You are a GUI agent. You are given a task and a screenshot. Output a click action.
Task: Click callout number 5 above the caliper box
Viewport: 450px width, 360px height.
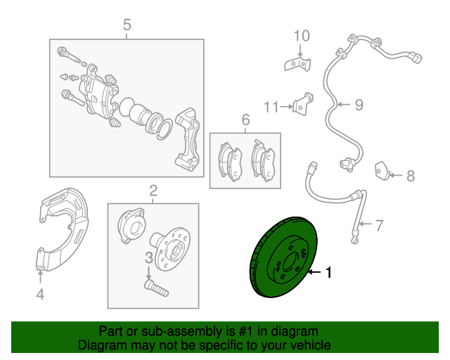(x=127, y=25)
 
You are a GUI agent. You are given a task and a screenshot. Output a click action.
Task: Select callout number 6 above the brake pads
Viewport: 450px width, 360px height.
(x=245, y=120)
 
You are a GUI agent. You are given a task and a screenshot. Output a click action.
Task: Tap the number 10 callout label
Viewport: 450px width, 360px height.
(x=302, y=36)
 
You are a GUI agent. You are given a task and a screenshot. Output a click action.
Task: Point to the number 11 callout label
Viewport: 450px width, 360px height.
(x=271, y=107)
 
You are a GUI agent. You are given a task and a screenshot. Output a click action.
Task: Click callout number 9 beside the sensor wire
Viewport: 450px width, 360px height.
(x=359, y=105)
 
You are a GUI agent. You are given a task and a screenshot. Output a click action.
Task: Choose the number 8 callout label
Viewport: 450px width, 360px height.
(x=411, y=176)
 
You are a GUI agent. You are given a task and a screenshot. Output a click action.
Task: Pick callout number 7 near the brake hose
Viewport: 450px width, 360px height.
(x=379, y=226)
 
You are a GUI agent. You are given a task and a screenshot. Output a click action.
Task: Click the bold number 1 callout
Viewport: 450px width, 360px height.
(x=329, y=272)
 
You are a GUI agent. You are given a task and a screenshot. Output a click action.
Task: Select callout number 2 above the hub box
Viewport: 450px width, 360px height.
(x=153, y=191)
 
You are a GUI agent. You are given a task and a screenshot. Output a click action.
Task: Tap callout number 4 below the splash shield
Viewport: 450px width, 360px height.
(x=40, y=295)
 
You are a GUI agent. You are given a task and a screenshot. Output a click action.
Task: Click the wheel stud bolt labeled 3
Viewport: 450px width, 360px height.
(x=156, y=288)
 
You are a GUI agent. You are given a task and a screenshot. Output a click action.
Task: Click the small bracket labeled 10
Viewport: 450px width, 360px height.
(x=298, y=64)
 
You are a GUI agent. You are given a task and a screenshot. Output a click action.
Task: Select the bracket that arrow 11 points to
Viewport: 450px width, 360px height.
(x=303, y=104)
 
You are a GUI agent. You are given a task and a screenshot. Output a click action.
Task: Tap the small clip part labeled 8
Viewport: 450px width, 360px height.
(x=382, y=171)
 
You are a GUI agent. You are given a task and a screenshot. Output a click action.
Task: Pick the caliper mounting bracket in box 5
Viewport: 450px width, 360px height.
(x=188, y=139)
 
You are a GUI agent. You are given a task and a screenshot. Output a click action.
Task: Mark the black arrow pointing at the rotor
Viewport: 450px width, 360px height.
(x=315, y=272)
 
